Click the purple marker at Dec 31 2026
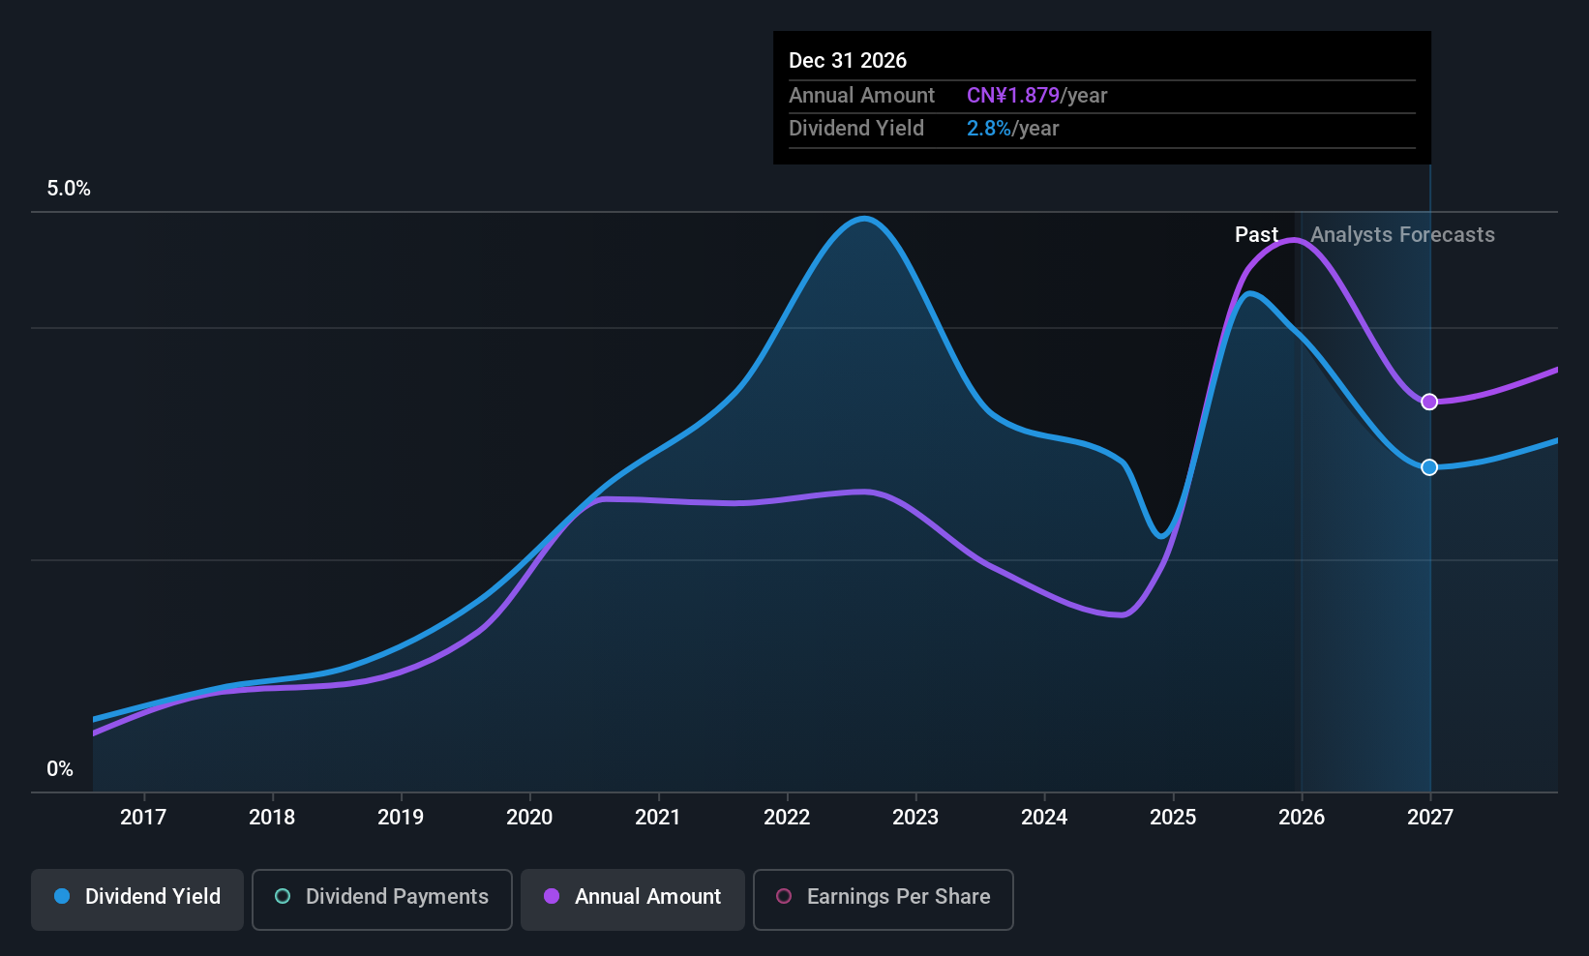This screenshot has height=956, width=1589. [1429, 402]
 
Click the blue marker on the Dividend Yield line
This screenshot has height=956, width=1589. [1429, 467]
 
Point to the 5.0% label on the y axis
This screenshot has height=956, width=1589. [69, 189]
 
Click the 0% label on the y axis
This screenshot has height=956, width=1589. [60, 769]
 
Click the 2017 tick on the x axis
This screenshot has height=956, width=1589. [143, 818]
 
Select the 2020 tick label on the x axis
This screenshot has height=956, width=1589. [529, 818]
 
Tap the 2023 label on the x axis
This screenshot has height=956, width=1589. [915, 818]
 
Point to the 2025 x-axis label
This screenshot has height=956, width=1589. [1173, 818]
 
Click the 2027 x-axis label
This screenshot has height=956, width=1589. [1430, 818]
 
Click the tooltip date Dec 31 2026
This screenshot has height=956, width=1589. [848, 61]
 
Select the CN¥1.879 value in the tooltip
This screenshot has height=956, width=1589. [1013, 96]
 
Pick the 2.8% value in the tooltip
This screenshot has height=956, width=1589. [989, 129]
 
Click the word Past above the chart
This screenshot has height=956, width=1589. [1256, 235]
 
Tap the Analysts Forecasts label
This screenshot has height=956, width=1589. [1402, 235]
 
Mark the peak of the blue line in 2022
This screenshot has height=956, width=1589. [863, 219]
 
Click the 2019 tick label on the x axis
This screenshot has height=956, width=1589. [401, 818]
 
